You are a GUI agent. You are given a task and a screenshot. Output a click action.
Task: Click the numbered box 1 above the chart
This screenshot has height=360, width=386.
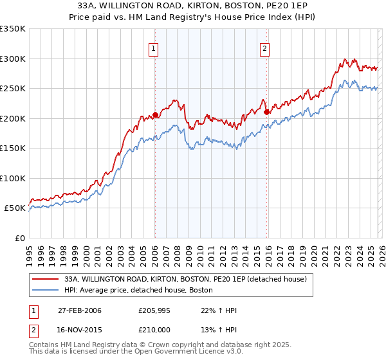pyautogui.click(x=154, y=47)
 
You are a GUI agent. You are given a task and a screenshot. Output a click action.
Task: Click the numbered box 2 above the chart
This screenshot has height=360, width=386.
pyautogui.click(x=265, y=47)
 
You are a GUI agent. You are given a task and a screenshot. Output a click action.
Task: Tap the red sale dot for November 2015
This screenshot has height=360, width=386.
pyautogui.click(x=266, y=113)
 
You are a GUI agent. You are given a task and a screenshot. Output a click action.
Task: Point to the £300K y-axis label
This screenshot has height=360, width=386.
pyautogui.click(x=13, y=59)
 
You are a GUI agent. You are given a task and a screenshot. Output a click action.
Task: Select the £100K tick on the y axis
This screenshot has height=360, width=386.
pyautogui.click(x=13, y=178)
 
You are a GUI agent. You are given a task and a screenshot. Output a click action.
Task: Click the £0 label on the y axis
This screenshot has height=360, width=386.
pyautogui.click(x=19, y=238)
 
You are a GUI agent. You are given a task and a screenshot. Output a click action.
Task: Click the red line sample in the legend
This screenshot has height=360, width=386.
pyautogui.click(x=46, y=279)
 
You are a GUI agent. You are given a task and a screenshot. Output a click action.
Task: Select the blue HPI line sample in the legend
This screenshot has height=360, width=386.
pyautogui.click(x=46, y=291)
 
